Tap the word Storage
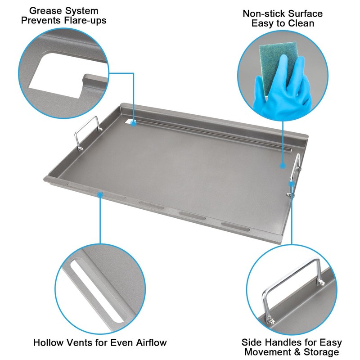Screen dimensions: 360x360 [x=320, y=352]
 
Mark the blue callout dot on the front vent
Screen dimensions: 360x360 [x=100, y=194]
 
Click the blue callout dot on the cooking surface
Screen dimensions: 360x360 [x=283, y=166]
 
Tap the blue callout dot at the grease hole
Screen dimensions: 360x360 [x=134, y=122]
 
